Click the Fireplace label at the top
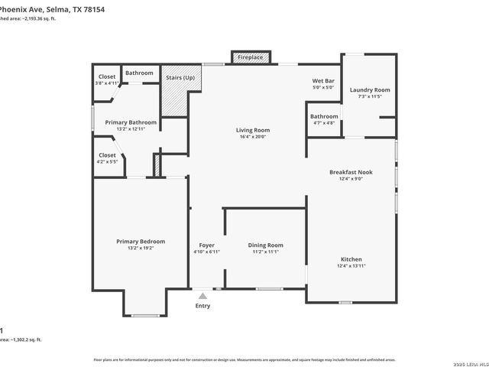[250, 57]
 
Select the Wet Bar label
[324, 80]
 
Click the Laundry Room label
[370, 90]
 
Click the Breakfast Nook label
[351, 172]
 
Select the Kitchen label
[351, 258]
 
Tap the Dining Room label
[265, 245]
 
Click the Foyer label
[206, 245]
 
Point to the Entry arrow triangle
[202, 294]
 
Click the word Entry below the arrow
[202, 305]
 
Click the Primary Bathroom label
[131, 122]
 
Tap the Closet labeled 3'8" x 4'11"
[106, 76]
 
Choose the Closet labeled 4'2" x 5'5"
[107, 155]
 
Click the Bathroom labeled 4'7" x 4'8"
[324, 116]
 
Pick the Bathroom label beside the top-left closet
[139, 73]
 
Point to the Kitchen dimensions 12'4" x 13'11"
[351, 266]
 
